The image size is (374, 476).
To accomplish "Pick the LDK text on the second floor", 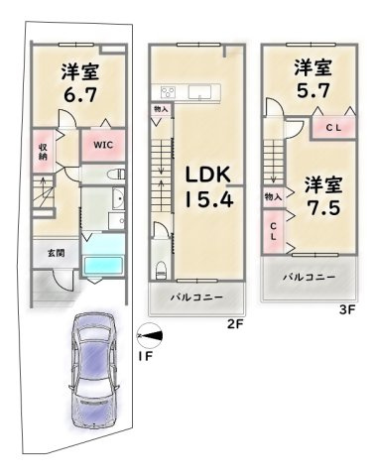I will [x=206, y=175].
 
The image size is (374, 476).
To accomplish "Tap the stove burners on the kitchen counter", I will [x=165, y=95].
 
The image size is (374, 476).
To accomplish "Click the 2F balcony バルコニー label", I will [x=193, y=297].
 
